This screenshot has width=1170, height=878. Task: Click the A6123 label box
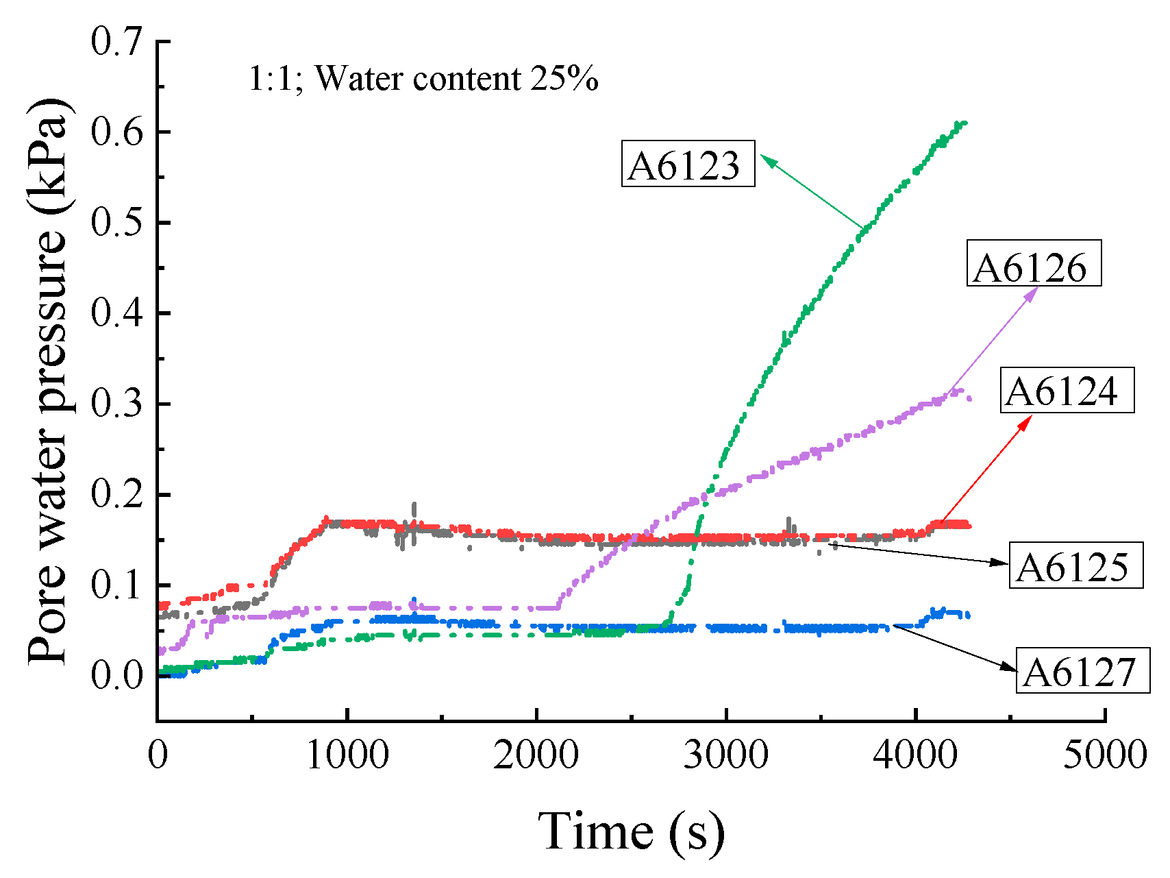(688, 164)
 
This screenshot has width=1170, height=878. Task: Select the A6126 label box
(1033, 263)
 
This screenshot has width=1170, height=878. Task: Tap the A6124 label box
(1067, 391)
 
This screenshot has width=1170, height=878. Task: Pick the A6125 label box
(1075, 565)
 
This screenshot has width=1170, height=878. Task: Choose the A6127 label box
(1082, 670)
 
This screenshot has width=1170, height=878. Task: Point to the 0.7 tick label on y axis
(116, 41)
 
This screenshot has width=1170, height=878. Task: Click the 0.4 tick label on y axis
(116, 313)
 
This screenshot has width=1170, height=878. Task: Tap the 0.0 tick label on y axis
(116, 675)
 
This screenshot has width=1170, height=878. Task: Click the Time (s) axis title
(631, 831)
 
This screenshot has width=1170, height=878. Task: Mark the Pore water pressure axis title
(48, 380)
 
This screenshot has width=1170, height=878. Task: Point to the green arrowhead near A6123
(767, 160)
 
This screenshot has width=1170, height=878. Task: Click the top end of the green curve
(964, 123)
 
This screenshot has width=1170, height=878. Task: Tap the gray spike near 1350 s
(414, 511)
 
